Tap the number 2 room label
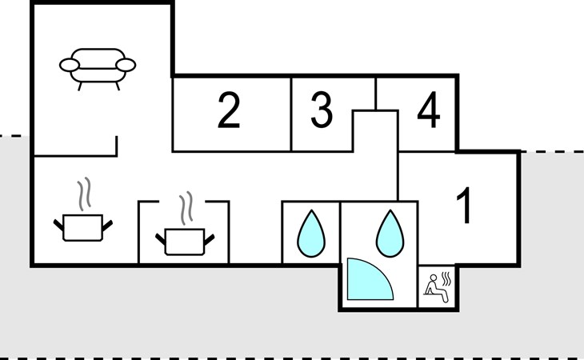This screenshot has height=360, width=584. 229,111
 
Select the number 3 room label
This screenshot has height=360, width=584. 322,111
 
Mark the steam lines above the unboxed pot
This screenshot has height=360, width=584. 84,194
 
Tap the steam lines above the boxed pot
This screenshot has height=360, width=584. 186,206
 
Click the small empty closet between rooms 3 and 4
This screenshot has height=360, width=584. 375,129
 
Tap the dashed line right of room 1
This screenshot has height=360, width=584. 552,151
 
